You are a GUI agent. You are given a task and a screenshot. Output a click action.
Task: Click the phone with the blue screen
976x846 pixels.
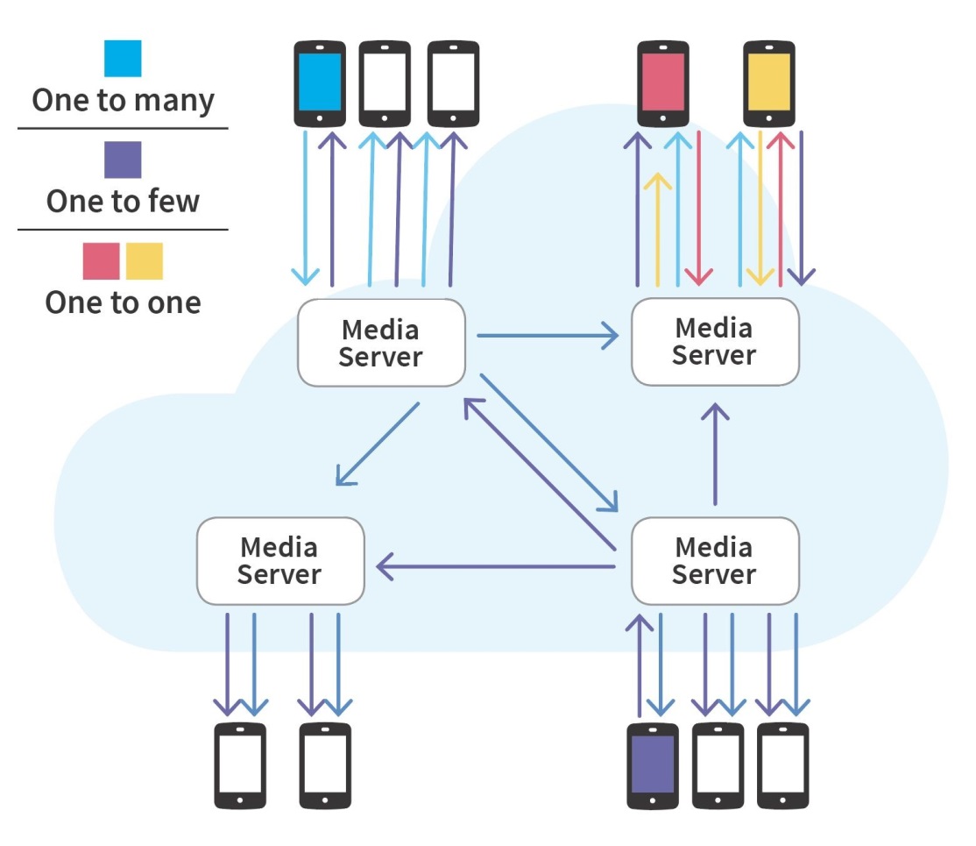coord(320,83)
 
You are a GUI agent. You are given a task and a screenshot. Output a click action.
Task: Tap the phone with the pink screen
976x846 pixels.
coord(662,83)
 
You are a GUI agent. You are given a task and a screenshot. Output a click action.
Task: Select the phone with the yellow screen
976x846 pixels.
coord(768,83)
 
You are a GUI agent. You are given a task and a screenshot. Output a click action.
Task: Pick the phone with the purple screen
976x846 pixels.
coord(653,764)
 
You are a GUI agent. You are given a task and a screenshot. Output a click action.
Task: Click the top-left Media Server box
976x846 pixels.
coord(381,343)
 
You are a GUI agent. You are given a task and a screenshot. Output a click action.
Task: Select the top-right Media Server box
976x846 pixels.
coord(715,342)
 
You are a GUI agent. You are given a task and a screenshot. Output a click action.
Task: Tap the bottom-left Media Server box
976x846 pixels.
coord(280,561)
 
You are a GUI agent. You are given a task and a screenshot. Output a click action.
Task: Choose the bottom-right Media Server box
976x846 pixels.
coord(715,561)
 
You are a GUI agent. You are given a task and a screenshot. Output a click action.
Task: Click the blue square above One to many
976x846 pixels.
coord(123,59)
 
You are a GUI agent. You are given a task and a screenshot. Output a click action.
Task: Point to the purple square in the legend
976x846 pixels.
coord(123,160)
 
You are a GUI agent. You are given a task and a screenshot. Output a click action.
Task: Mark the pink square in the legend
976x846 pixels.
coord(101,261)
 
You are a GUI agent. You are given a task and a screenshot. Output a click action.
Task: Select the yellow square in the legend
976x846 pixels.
coord(145,261)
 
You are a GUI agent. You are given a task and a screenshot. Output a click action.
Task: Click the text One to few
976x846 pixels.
coord(123,202)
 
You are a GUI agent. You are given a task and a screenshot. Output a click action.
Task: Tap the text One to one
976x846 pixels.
coord(123,302)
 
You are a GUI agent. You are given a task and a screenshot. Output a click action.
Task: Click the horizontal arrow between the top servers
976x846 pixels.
coord(548,336)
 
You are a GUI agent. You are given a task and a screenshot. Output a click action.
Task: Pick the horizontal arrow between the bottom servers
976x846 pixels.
coord(496,567)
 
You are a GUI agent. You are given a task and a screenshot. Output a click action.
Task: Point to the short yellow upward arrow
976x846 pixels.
coord(657,228)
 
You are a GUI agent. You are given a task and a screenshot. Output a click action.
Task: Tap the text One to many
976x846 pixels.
coord(123,100)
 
